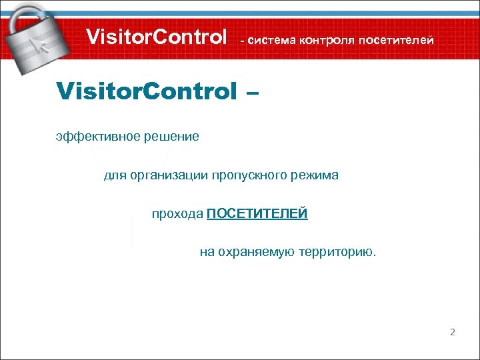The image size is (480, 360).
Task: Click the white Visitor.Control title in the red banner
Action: (157, 37)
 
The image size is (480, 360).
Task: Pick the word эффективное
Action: (93, 137)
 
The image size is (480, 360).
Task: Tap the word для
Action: (113, 175)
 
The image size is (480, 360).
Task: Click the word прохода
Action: (177, 214)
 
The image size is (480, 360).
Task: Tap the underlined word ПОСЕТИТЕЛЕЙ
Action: (257, 214)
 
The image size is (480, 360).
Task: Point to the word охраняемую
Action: (251, 253)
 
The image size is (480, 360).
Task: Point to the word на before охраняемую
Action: (207, 253)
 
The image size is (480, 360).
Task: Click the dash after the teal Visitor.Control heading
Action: (251, 91)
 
